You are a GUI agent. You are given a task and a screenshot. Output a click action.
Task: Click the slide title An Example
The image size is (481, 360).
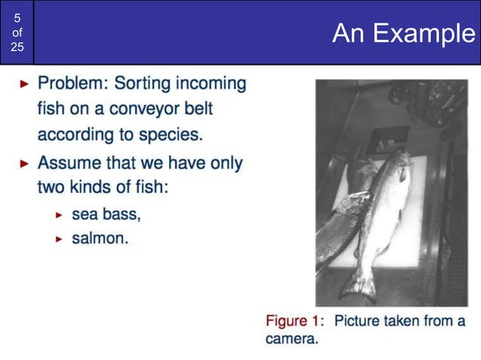pos(403,33)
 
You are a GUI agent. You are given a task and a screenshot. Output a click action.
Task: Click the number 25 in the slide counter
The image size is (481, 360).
pos(17,47)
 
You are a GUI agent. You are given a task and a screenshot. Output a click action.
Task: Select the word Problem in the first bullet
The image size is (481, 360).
pos(70,83)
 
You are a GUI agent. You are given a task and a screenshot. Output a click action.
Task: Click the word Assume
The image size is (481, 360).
pos(66,162)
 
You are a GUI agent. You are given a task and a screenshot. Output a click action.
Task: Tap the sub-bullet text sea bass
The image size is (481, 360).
pos(106,214)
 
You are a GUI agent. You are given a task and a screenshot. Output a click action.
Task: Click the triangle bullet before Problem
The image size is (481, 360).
pos(25,83)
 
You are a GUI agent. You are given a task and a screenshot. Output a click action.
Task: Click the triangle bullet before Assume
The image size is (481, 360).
pos(25,163)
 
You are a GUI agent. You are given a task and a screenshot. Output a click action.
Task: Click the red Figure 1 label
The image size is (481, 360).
pos(295,321)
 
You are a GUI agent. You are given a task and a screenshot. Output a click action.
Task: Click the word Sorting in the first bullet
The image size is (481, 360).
pos(142,83)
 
